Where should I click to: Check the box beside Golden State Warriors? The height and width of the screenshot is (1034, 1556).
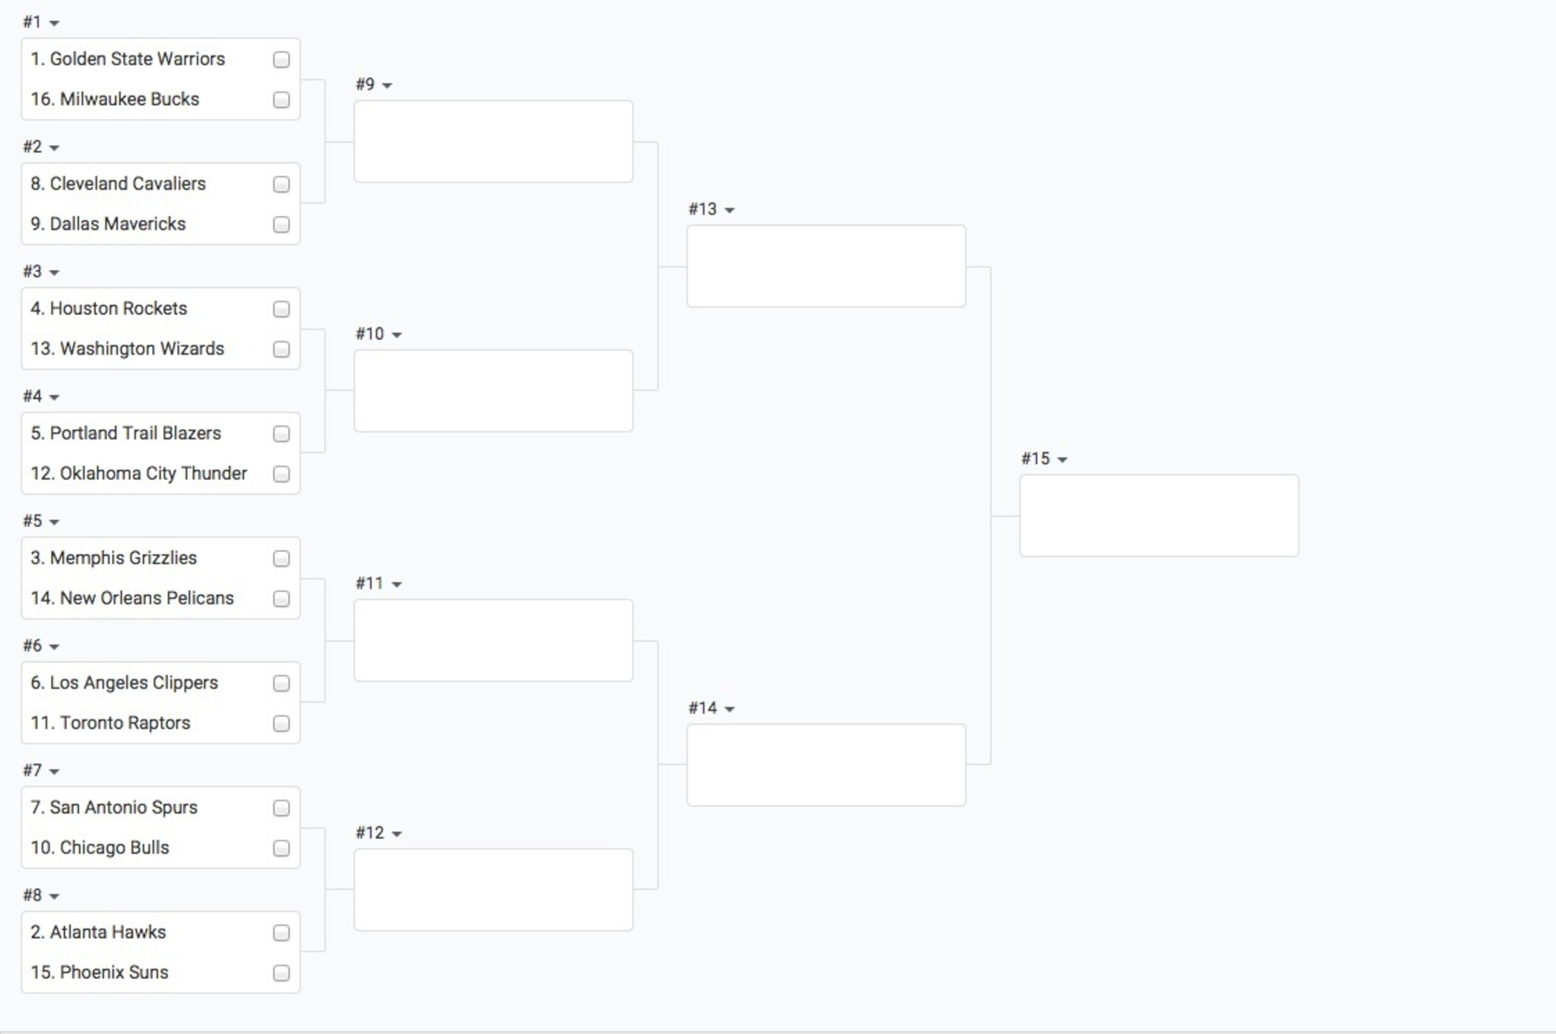(x=281, y=60)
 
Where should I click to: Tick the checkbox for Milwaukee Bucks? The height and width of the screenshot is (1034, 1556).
(x=281, y=100)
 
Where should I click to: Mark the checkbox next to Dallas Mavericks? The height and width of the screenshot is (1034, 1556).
(x=281, y=224)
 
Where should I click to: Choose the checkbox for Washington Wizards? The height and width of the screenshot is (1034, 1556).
(x=281, y=349)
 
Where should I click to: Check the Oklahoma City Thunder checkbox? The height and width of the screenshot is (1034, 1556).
(x=281, y=474)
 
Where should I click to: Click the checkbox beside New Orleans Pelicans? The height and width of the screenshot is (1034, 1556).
(x=281, y=599)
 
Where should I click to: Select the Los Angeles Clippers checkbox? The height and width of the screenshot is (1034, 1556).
(x=281, y=683)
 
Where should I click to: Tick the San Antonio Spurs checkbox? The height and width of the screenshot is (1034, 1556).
(x=281, y=808)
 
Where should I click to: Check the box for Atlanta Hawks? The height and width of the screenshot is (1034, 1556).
(x=281, y=933)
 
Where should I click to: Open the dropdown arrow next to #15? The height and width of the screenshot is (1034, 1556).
(x=1062, y=460)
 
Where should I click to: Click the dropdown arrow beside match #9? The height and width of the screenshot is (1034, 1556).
(x=387, y=86)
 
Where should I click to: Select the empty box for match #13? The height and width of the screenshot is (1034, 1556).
(x=826, y=267)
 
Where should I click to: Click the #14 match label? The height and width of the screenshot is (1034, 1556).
(x=703, y=708)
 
